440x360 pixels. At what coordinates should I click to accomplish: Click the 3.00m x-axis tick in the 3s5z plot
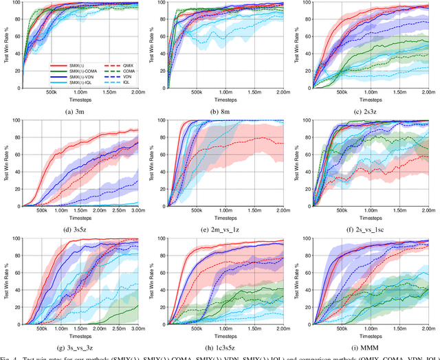coord(135,212)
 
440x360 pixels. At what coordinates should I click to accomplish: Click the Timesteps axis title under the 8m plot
coord(221,100)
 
